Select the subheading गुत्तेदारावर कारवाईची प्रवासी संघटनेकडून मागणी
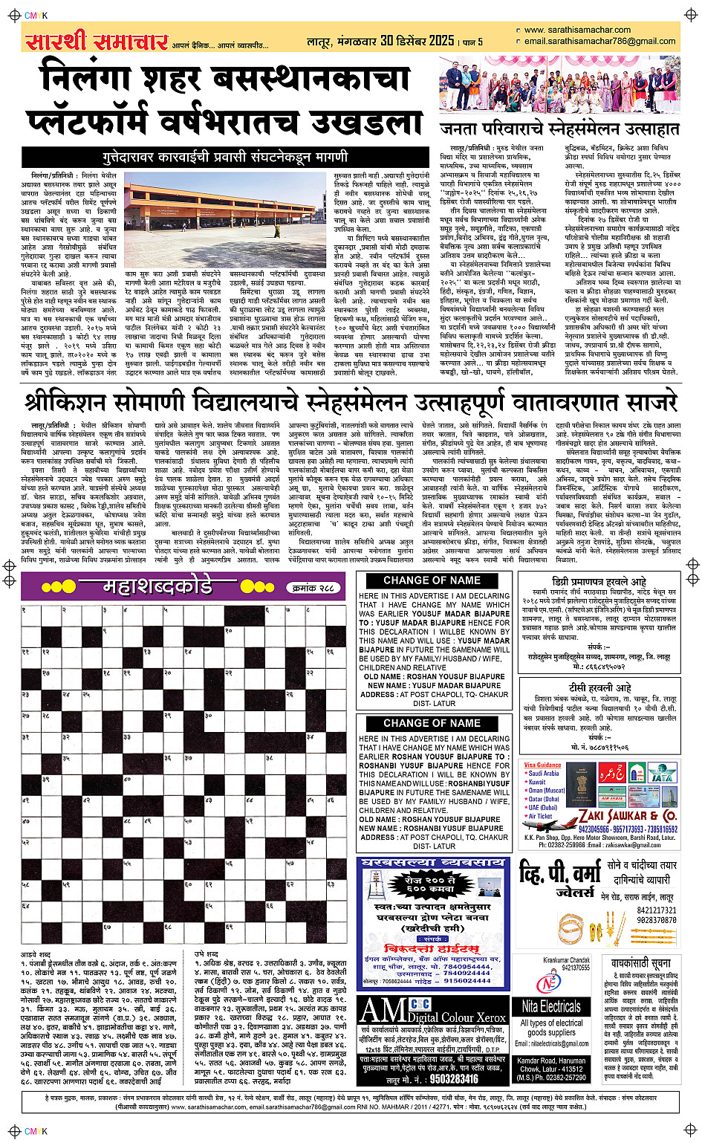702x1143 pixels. (224, 158)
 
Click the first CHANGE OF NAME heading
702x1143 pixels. (432, 580)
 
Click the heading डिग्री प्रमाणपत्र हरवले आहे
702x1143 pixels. (599, 581)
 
